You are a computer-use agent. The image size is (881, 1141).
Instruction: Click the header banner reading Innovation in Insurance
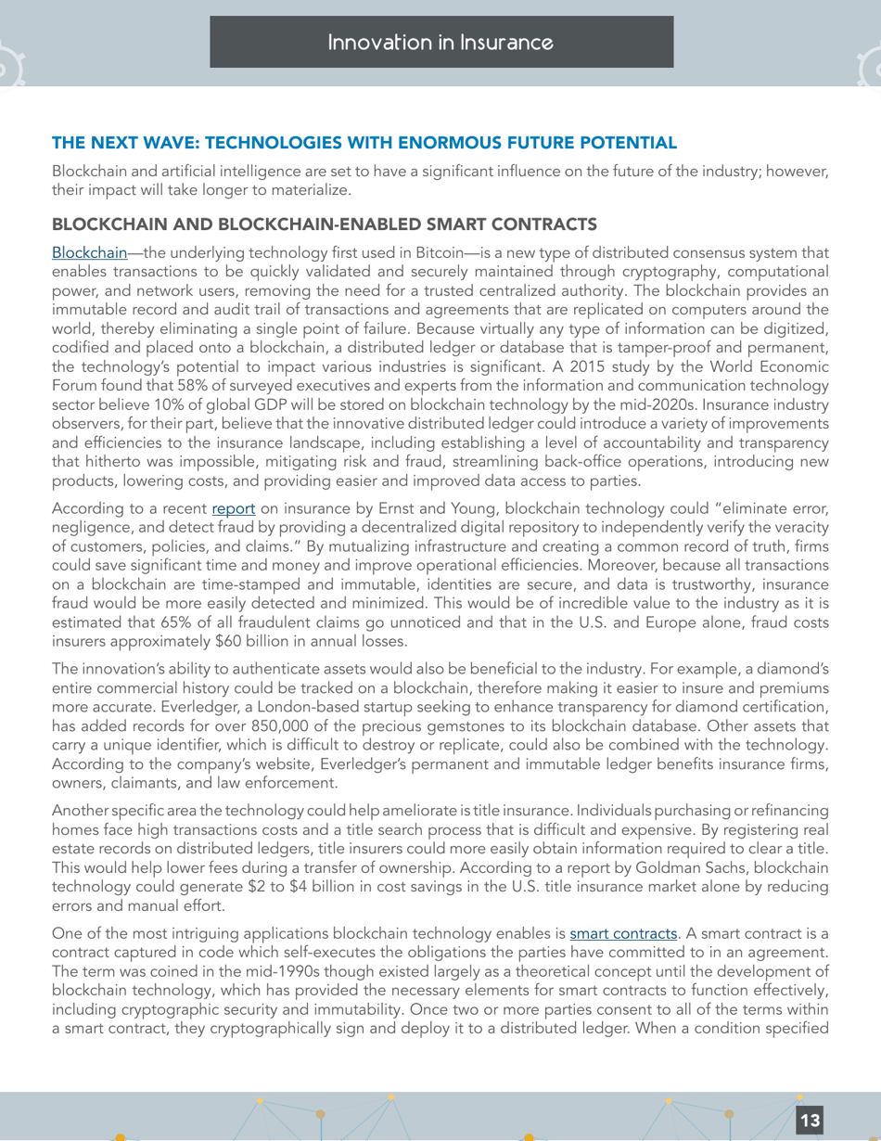tap(440, 43)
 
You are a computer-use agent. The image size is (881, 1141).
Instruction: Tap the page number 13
tap(810, 1120)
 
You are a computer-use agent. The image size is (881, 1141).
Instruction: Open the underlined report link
tap(231, 509)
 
